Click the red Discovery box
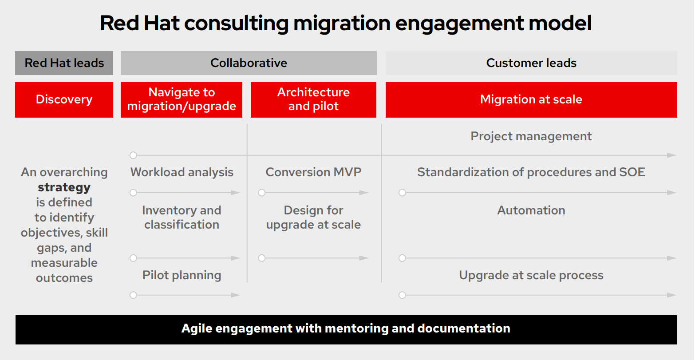pos(64,99)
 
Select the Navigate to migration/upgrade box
pos(182,99)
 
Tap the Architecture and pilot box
pos(313,99)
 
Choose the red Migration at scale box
pos(531,99)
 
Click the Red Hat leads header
pos(64,63)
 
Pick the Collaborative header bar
pos(249,63)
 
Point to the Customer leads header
pos(531,63)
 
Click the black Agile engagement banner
pos(346,329)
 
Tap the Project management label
pos(531,136)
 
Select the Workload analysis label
pos(182,172)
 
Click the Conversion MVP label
pos(313,172)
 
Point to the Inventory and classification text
pos(182,217)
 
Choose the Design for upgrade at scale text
pos(313,217)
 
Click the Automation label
pos(531,210)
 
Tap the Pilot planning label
pos(182,275)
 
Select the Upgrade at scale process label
pos(531,275)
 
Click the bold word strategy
pos(64,187)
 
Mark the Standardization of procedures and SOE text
pos(531,172)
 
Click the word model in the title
pos(561,23)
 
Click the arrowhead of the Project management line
pos(672,155)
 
